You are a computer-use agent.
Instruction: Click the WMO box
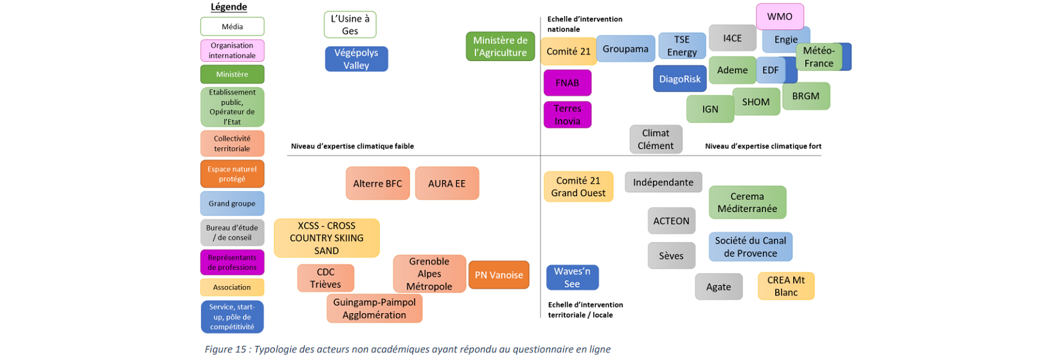coord(780,17)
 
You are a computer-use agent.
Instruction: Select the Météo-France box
coord(818,57)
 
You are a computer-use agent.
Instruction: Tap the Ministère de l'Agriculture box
coord(500,46)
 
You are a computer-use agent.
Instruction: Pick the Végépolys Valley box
coord(356,59)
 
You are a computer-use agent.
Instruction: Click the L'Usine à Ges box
coord(350,25)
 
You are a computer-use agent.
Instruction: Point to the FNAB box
coord(567,83)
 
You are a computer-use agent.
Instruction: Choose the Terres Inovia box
coord(567,115)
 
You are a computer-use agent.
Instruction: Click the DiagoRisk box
coord(679,79)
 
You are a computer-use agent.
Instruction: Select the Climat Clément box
coord(656,139)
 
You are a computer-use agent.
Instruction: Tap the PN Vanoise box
coord(499,275)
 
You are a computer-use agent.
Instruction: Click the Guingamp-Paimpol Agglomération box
coord(374,309)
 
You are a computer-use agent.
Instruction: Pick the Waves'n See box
coord(572,278)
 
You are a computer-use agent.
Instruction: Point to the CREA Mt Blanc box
coord(785,286)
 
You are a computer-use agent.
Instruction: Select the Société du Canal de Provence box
coord(750,247)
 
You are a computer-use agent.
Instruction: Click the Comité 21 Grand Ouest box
coord(578,187)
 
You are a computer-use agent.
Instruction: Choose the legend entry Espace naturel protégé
coord(232,174)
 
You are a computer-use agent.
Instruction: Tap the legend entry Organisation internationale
coord(232,51)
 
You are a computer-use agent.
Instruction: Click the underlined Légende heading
coord(229,7)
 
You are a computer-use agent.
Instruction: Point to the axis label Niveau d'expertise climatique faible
coord(352,147)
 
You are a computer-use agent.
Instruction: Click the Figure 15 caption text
coord(407,350)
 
